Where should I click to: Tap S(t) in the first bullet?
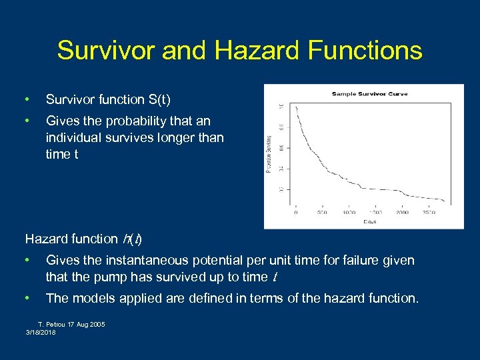click(x=157, y=100)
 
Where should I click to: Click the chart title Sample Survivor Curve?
click(x=369, y=93)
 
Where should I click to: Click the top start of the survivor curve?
click(x=296, y=107)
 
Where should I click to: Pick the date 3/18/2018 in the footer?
click(x=41, y=331)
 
